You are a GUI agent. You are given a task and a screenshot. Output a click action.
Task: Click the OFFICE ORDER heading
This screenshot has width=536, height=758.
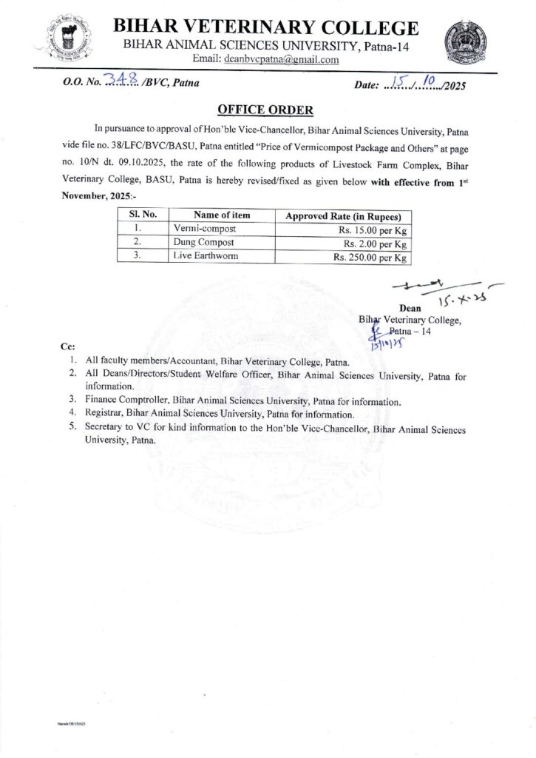(266, 110)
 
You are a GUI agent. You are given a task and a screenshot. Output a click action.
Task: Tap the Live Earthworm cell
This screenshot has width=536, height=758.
(200, 258)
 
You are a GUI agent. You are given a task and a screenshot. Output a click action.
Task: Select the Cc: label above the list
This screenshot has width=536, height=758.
(65, 346)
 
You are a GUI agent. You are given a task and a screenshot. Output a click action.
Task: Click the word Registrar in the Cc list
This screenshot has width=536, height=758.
(106, 415)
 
